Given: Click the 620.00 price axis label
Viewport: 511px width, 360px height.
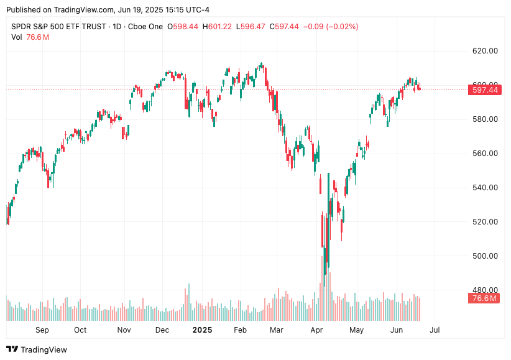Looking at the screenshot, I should click(485, 51).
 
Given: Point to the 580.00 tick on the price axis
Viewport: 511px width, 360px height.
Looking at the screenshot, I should click(485, 119).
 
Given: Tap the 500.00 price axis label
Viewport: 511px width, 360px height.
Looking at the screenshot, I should click(485, 256).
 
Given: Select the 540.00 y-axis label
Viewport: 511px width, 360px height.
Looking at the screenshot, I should click(485, 188).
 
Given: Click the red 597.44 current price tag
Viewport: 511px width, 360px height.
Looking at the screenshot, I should click(486, 90).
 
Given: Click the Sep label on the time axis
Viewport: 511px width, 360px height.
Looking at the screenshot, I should click(42, 330).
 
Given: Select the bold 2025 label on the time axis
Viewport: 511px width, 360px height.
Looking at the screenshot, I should click(202, 330).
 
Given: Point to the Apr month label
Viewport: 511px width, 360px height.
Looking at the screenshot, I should click(317, 330).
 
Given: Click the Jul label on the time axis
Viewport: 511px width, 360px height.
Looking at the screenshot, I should click(435, 330).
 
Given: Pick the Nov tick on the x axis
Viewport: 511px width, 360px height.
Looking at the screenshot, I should click(124, 330).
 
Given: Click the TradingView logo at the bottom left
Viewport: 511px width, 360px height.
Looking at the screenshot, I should click(37, 349).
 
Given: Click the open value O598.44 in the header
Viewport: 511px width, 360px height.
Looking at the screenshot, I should click(183, 27).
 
